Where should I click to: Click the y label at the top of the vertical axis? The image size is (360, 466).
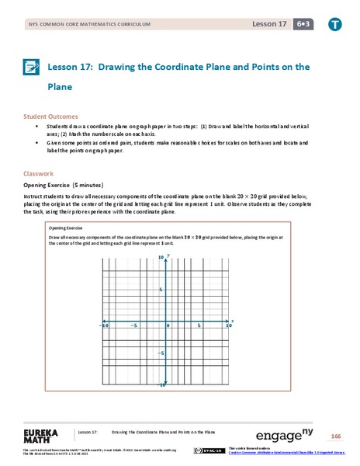[x=168, y=256]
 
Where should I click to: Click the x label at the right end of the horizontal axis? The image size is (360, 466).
[x=232, y=319]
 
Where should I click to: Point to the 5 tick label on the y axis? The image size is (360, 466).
[x=161, y=290]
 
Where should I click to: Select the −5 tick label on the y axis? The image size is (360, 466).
[x=160, y=353]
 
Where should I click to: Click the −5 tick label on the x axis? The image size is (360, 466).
[x=134, y=325]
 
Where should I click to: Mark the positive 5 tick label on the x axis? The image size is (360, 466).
[x=199, y=325]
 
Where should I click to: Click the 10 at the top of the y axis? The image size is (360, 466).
[x=161, y=257]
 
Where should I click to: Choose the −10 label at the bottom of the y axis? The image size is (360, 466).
[x=161, y=385]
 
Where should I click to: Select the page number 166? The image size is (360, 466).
[x=335, y=433]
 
